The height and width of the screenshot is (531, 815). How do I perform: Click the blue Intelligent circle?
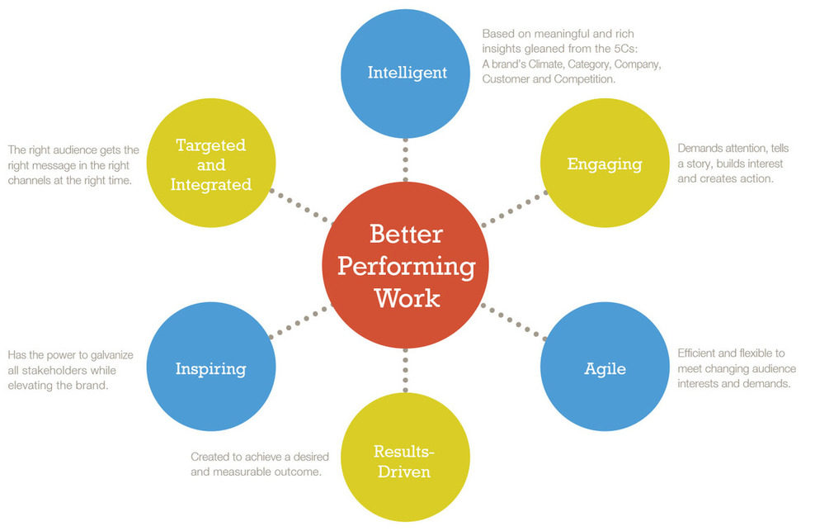407,73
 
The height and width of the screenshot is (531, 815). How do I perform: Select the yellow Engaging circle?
604,164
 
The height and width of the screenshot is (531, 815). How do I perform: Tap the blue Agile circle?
604,367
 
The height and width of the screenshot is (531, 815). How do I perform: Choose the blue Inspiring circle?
210,367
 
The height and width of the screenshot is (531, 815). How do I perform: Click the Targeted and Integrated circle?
210,164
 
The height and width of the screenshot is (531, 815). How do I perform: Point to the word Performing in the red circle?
407,266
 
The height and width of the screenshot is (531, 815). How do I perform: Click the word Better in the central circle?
407,235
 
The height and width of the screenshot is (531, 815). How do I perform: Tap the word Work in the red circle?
407,296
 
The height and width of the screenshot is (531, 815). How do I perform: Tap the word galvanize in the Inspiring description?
111,355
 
